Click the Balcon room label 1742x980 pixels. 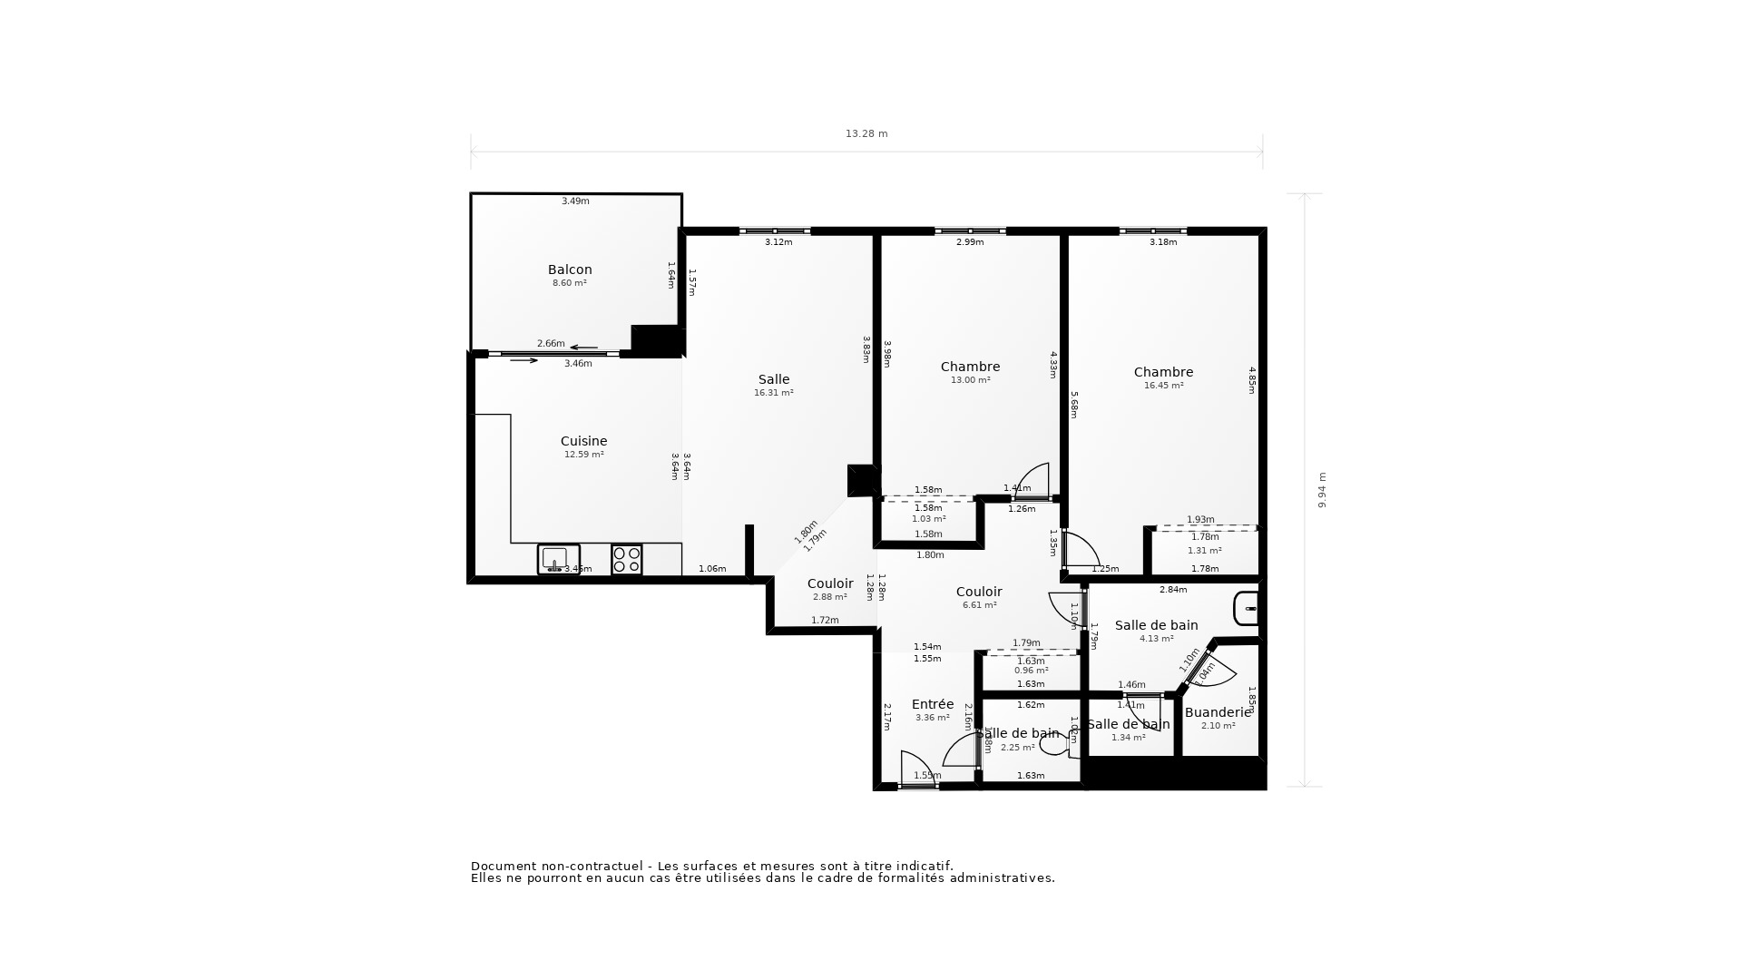click(570, 269)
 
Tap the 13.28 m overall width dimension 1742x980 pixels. click(866, 133)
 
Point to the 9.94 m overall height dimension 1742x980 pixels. click(1322, 490)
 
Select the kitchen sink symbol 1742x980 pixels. click(558, 558)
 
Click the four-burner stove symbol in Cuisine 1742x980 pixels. click(626, 559)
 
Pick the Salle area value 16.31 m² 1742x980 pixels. click(773, 393)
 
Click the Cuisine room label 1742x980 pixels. click(583, 441)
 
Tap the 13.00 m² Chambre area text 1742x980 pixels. click(970, 380)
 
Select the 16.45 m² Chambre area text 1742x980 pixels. click(1163, 386)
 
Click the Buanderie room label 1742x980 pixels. click(1218, 712)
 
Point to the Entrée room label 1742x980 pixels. click(933, 704)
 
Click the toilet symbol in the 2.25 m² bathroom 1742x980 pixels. click(1055, 745)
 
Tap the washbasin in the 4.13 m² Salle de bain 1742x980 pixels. click(1245, 609)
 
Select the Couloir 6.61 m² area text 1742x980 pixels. click(979, 605)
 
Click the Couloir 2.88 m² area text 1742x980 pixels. click(829, 597)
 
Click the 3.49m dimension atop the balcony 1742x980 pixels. click(575, 201)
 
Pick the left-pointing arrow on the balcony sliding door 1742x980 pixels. click(583, 348)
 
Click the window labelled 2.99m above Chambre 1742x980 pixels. click(970, 231)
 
